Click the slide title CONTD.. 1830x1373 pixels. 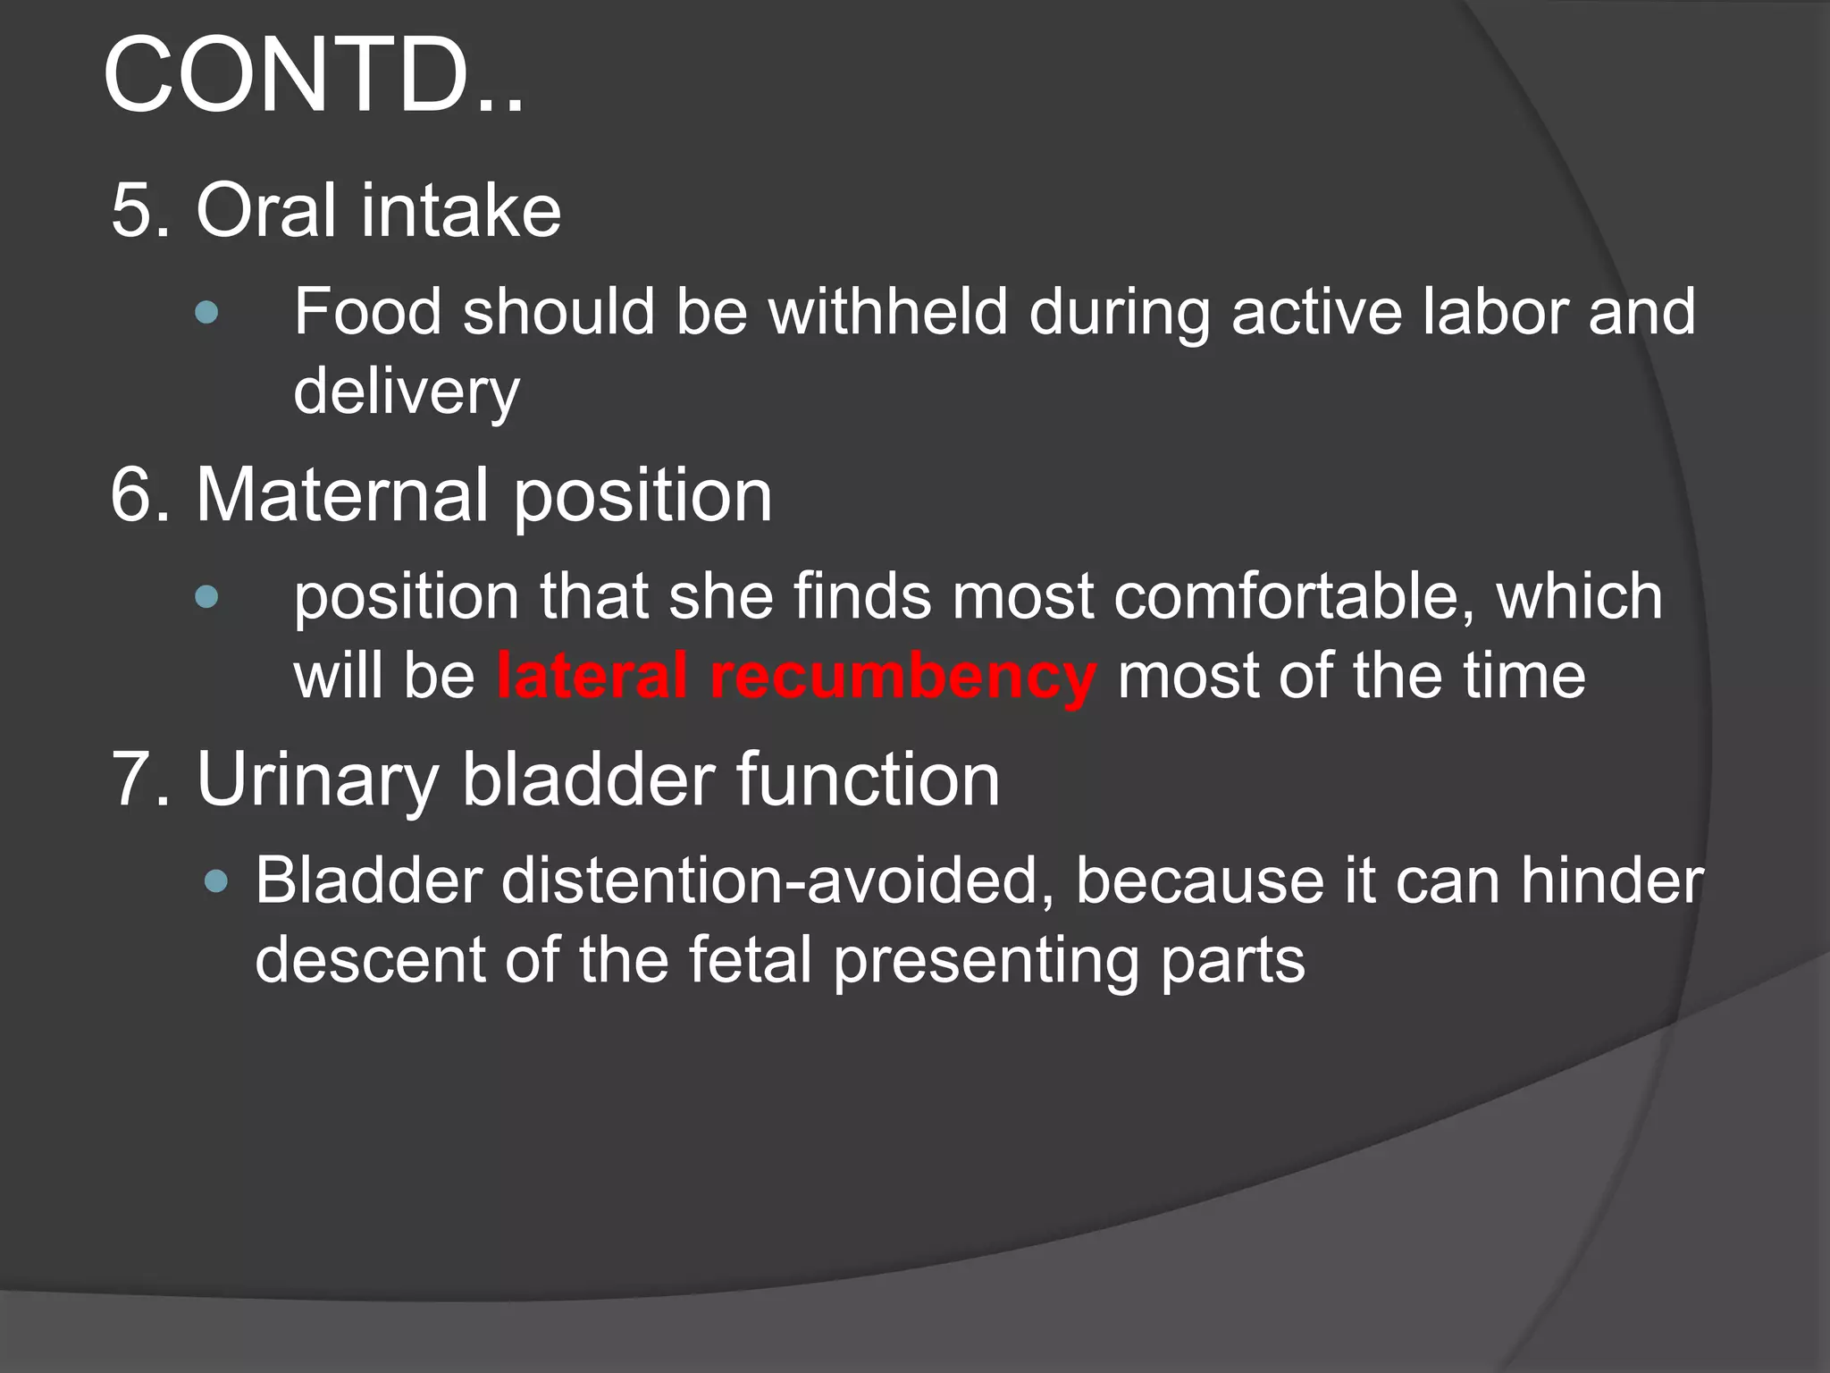(313, 76)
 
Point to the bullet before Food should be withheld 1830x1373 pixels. (206, 312)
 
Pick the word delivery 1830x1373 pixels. (407, 392)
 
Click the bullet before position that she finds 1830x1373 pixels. (206, 596)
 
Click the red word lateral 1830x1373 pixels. (592, 676)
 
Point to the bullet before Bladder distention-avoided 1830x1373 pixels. (216, 882)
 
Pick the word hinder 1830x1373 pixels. (1612, 881)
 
